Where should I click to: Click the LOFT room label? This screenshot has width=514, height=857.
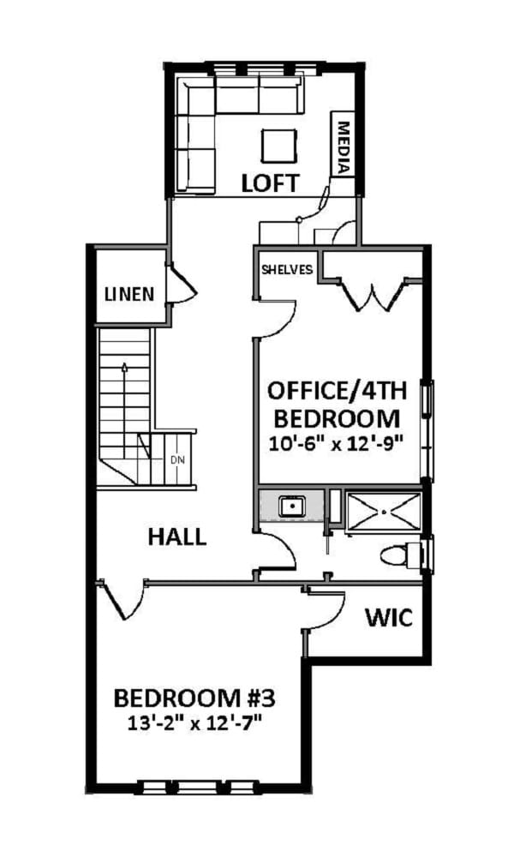click(x=270, y=183)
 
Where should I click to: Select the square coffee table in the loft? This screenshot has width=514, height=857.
click(x=280, y=143)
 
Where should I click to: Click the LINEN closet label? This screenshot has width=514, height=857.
click(x=129, y=294)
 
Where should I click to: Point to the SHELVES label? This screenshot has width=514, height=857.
click(x=287, y=269)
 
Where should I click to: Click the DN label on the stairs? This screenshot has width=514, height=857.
click(x=177, y=460)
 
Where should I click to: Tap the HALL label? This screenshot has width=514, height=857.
click(x=176, y=537)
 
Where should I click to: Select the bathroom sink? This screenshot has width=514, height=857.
click(x=293, y=506)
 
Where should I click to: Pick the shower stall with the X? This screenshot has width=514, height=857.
click(x=383, y=512)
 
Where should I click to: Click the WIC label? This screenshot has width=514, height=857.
click(x=389, y=617)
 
